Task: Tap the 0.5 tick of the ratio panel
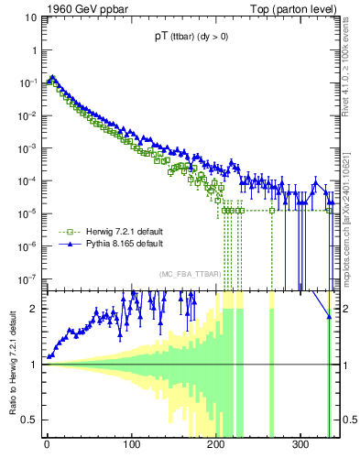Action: [x=30, y=420]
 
